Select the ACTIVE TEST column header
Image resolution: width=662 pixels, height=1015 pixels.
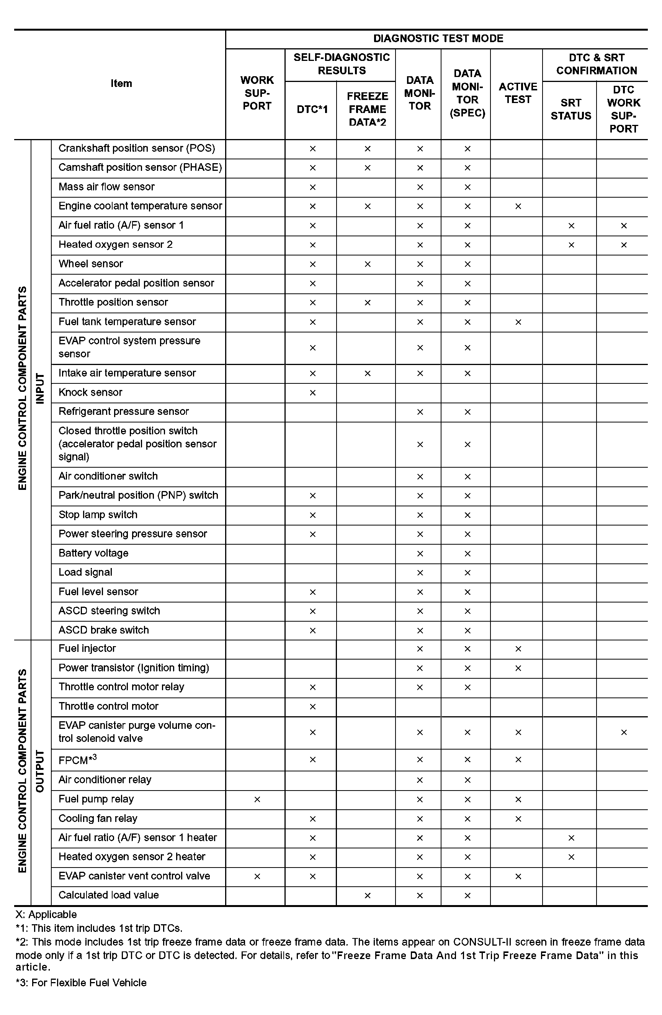tap(518, 93)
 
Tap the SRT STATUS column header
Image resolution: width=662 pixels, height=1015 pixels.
tap(570, 110)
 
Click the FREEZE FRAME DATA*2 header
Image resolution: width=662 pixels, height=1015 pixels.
tap(367, 110)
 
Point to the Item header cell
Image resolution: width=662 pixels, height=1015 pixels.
tap(121, 83)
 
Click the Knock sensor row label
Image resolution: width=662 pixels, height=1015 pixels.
tap(90, 392)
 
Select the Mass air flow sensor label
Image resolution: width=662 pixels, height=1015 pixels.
tap(106, 187)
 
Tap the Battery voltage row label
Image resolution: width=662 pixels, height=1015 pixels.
tap(93, 553)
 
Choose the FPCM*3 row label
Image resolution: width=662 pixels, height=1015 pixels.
tap(78, 760)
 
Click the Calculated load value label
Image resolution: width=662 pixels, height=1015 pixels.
tap(109, 895)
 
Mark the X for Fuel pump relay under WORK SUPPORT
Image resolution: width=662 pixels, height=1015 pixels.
tap(257, 799)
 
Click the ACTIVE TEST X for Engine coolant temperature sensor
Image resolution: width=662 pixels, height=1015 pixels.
tap(518, 206)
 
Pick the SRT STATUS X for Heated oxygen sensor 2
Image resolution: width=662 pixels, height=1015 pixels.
tap(571, 245)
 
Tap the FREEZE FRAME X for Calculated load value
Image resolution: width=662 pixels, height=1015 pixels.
tap(367, 895)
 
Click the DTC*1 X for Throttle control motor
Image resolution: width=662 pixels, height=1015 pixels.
tap(312, 707)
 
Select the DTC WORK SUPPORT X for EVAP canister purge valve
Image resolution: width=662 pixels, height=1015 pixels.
tap(624, 732)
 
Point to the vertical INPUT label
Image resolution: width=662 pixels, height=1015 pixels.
tap(40, 388)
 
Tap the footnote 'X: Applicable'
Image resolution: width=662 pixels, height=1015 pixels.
tap(46, 914)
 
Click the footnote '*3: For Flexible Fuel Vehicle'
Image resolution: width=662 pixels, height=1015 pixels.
tap(82, 982)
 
